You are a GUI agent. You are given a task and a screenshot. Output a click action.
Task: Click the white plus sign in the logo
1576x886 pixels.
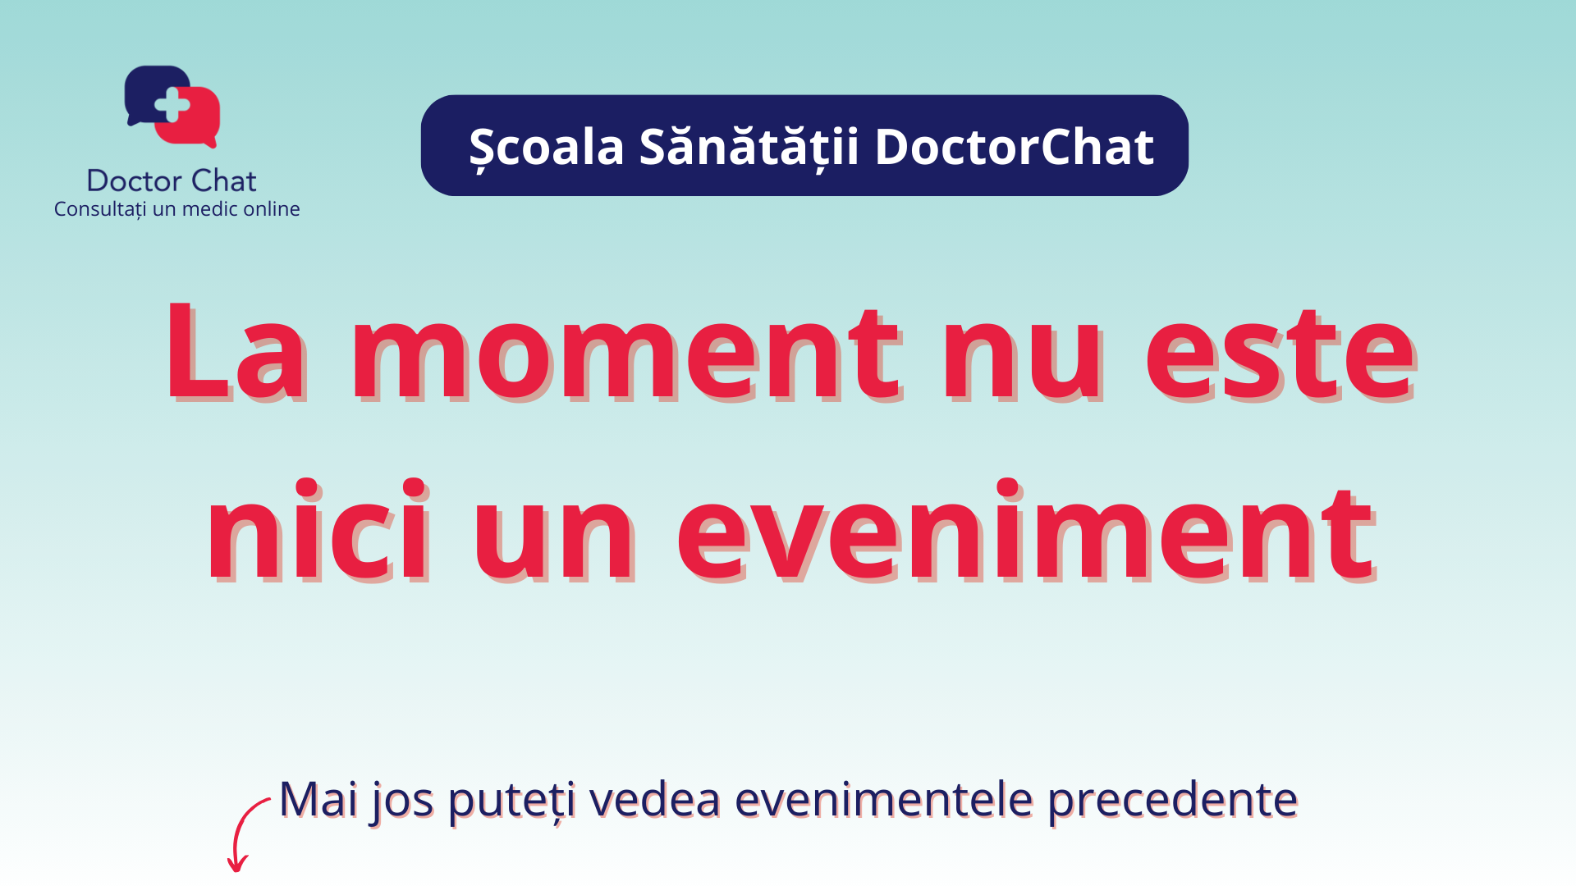pyautogui.click(x=172, y=105)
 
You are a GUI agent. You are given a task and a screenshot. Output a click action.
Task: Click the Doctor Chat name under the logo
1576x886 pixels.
pyautogui.click(x=172, y=180)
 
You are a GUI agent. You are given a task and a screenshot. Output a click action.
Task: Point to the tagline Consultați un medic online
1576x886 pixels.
pyautogui.click(x=176, y=209)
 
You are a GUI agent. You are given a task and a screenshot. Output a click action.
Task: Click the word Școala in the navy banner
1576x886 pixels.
pyautogui.click(x=547, y=148)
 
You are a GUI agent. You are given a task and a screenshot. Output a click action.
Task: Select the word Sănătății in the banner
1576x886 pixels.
pyautogui.click(x=749, y=148)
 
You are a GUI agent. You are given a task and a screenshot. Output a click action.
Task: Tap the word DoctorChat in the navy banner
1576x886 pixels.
pyautogui.click(x=1015, y=147)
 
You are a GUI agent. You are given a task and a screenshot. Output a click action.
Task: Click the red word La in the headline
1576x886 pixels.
pyautogui.click(x=236, y=353)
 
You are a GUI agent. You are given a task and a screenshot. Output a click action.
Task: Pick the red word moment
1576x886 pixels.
pyautogui.click(x=627, y=354)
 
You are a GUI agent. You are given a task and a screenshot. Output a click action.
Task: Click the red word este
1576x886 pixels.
pyautogui.click(x=1280, y=354)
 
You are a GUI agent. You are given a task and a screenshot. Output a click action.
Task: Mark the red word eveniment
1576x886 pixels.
pyautogui.click(x=1026, y=530)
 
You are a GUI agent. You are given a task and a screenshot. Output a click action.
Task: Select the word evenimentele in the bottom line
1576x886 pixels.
pyautogui.click(x=883, y=799)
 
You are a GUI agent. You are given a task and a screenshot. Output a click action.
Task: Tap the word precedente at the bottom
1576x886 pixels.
pyautogui.click(x=1173, y=802)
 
